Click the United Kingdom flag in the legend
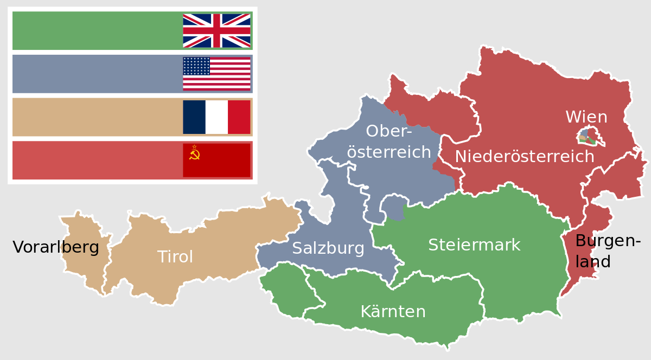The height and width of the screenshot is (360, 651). pyautogui.click(x=216, y=31)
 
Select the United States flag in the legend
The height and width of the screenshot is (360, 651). pyautogui.click(x=216, y=74)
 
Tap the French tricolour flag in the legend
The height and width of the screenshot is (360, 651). pyautogui.click(x=216, y=117)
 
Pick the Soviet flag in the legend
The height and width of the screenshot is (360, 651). pyautogui.click(x=216, y=160)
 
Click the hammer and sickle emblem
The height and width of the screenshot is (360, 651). pyautogui.click(x=195, y=155)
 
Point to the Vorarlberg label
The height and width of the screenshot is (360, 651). pyautogui.click(x=56, y=248)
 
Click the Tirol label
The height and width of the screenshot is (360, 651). pyautogui.click(x=175, y=257)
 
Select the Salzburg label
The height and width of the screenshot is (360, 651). pyautogui.click(x=328, y=248)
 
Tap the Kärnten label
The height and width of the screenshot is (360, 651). pyautogui.click(x=393, y=312)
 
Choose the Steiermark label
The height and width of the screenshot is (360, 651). pyautogui.click(x=474, y=245)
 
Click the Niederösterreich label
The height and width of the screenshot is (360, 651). pyautogui.click(x=524, y=157)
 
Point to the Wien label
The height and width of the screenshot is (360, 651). pyautogui.click(x=586, y=117)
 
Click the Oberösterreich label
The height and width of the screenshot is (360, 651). pyautogui.click(x=389, y=142)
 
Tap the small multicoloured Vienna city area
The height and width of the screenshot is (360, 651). pyautogui.click(x=586, y=137)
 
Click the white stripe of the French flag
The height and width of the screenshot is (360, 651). pyautogui.click(x=216, y=117)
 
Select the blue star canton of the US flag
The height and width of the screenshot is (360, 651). pyautogui.click(x=196, y=66)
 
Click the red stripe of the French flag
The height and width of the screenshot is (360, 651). pyautogui.click(x=239, y=117)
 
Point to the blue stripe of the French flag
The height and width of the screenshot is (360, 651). pyautogui.click(x=194, y=117)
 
